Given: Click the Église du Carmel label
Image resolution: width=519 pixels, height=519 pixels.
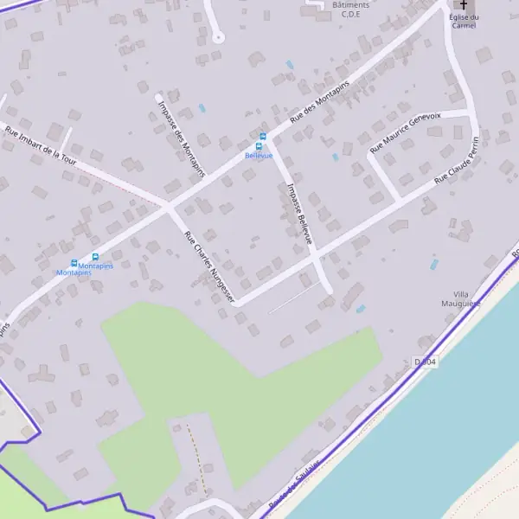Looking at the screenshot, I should (464, 21).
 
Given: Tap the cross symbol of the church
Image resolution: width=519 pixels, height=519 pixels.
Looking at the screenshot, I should (464, 4).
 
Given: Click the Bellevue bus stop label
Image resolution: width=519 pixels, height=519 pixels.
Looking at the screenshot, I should (259, 156).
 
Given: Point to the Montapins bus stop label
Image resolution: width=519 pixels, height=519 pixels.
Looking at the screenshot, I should (74, 272).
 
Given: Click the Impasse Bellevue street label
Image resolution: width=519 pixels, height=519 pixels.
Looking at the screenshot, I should (298, 212).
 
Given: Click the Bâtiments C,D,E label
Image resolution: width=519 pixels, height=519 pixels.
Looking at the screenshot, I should (350, 10).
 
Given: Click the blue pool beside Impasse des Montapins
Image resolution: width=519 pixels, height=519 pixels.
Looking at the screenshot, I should (202, 108).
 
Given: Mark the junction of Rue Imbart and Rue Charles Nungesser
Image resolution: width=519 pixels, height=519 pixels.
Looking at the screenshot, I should (169, 208).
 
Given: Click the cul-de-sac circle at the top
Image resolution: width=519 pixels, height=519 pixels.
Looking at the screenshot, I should (218, 36).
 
